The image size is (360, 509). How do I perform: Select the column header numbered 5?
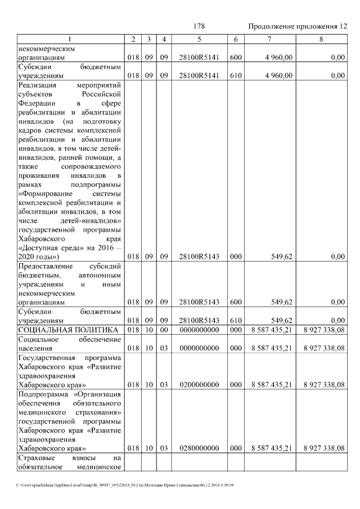(199, 39)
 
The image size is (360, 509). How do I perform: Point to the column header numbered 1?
(70, 39)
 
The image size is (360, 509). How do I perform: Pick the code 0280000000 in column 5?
(199, 448)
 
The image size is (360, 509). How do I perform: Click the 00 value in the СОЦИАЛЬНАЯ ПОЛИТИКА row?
(164, 329)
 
